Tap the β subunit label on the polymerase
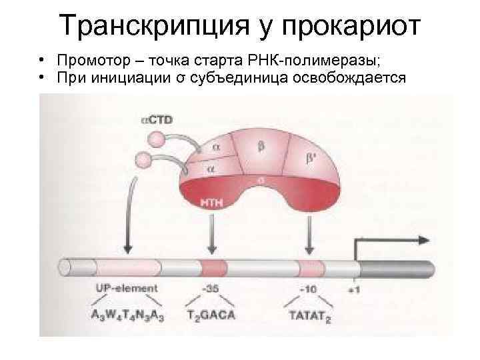click(261, 145)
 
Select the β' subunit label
click(311, 159)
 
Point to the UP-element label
click(127, 289)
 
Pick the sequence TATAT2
click(309, 316)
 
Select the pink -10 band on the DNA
click(310, 268)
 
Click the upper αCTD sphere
click(156, 139)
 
